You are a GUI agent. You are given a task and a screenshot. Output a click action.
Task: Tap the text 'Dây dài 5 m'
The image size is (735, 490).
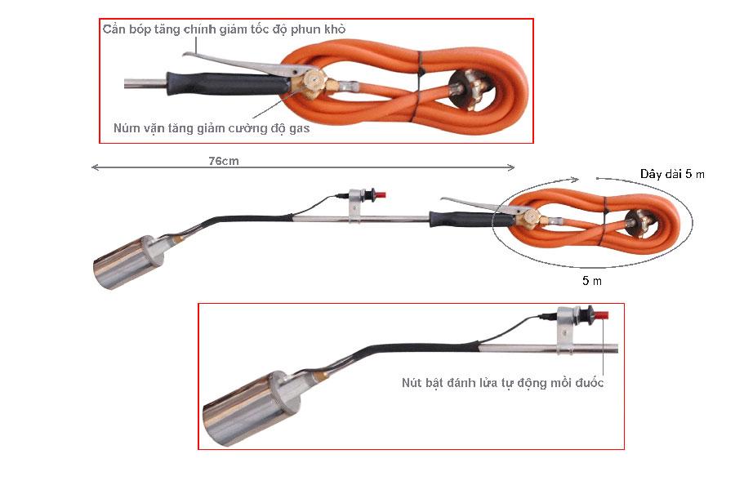[x=672, y=174]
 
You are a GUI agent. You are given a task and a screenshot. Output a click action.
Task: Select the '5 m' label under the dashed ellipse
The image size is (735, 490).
[x=592, y=280]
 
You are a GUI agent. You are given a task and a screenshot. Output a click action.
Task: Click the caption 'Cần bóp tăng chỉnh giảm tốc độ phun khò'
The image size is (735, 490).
[x=225, y=29]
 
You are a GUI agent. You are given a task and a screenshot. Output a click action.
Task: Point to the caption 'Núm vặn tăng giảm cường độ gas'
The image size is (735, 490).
[x=212, y=128]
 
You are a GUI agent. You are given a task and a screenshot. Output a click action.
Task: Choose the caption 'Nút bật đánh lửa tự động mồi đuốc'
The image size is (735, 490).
[x=502, y=382]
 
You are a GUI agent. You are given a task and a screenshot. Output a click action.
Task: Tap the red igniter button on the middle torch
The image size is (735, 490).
[x=378, y=196]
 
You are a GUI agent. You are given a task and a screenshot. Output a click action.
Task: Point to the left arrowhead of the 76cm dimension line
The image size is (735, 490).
[x=93, y=167]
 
